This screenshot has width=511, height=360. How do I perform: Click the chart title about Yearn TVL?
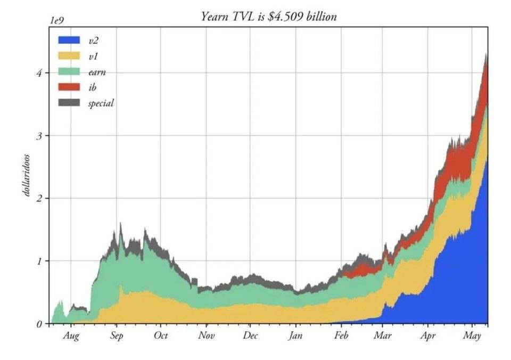[x=269, y=17]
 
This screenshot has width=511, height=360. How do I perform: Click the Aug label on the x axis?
[x=71, y=336]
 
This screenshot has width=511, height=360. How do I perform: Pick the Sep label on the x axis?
[x=117, y=336]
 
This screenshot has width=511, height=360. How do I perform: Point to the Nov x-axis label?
[x=207, y=336]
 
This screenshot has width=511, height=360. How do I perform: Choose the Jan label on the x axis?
[x=296, y=336]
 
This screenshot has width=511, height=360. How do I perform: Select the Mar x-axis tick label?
[x=382, y=336]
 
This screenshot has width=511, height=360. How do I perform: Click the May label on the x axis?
[x=472, y=336]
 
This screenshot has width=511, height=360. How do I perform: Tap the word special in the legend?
[x=101, y=103]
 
